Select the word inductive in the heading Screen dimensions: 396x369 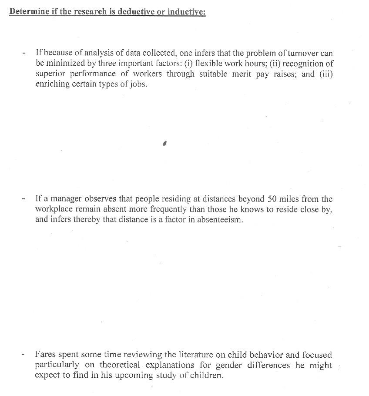(x=186, y=11)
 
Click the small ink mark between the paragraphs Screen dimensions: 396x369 (x=165, y=143)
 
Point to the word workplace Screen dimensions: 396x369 (x=54, y=209)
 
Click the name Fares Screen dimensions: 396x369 (x=45, y=355)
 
